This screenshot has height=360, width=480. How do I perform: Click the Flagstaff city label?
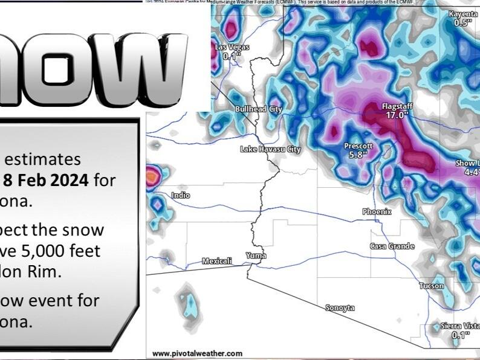(396, 106)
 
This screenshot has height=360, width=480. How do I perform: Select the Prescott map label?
(358, 146)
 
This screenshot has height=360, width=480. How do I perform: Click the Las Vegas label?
(232, 48)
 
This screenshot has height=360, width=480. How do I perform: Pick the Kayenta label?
(463, 14)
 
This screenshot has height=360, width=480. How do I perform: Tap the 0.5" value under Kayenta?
(463, 22)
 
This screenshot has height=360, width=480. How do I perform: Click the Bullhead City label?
(258, 109)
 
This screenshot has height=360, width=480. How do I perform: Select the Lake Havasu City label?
(270, 149)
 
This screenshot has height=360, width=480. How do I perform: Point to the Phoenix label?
(377, 212)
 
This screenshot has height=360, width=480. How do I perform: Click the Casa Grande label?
(392, 246)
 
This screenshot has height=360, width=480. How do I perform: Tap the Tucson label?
(432, 286)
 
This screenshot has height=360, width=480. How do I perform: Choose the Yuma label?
(256, 256)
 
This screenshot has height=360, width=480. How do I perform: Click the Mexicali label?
(216, 261)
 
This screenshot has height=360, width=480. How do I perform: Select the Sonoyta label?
(340, 308)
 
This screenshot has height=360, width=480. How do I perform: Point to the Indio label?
(180, 195)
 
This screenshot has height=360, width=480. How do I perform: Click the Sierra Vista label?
(460, 326)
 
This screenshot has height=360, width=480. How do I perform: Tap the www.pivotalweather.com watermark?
(197, 353)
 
